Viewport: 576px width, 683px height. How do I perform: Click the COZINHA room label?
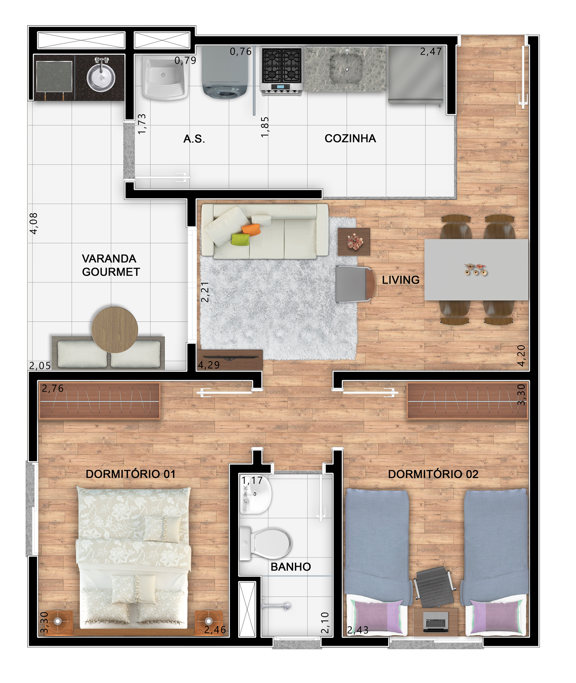click(350, 138)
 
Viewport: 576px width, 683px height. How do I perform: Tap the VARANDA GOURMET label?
click(111, 265)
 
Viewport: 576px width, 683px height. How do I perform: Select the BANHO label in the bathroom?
click(291, 567)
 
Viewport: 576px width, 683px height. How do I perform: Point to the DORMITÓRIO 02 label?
click(433, 474)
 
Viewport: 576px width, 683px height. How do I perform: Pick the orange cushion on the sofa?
click(251, 229)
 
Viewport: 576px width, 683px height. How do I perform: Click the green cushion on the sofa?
click(241, 239)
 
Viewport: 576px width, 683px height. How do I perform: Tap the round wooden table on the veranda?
click(115, 330)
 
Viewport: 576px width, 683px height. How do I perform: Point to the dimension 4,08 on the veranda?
click(34, 223)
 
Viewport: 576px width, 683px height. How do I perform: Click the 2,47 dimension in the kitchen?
click(431, 51)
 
